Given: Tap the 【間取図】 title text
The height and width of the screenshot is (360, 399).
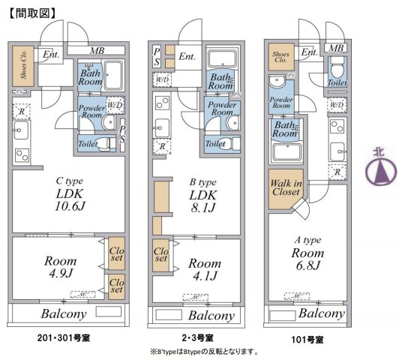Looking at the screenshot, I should [34, 13].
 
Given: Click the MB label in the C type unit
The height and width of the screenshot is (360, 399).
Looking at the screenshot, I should [97, 50].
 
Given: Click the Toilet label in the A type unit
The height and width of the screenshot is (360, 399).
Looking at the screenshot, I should [337, 83].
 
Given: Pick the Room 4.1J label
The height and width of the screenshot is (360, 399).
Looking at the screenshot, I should [203, 270].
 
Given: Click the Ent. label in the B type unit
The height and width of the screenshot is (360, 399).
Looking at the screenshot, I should [187, 55].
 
